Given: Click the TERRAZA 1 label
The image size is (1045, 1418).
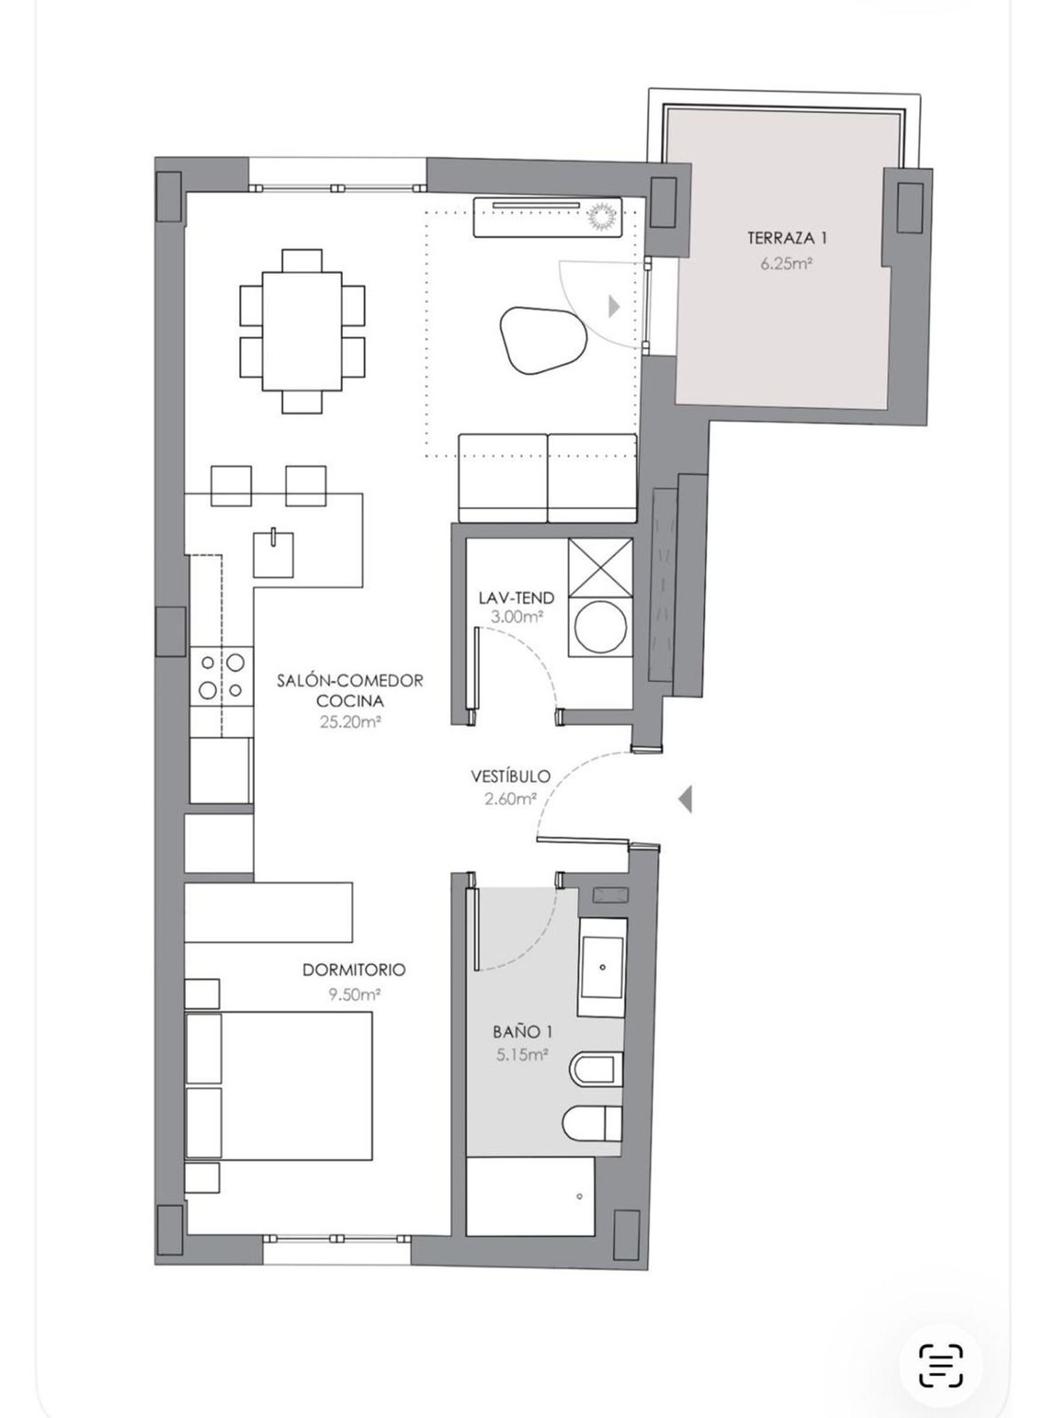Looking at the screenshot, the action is (x=787, y=238).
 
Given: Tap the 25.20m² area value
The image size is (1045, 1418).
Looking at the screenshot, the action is (x=350, y=722).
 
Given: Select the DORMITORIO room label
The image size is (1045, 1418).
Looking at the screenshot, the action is (x=354, y=969).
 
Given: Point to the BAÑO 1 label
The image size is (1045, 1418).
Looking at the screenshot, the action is (x=522, y=1031).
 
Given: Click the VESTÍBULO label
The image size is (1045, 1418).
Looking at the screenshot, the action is (x=511, y=776).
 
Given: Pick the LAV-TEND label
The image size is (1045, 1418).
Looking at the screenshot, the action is (x=516, y=598).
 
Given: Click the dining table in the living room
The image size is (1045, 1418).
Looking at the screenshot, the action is (x=302, y=332).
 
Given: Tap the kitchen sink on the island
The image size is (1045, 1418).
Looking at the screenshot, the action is (x=273, y=554).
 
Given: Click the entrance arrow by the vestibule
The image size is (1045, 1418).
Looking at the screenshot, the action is (x=686, y=798).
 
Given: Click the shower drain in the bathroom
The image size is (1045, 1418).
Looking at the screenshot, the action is (x=580, y=1197).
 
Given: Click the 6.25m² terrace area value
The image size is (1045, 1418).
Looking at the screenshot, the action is (x=787, y=264).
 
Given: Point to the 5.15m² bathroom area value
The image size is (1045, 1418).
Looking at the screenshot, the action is (x=522, y=1054).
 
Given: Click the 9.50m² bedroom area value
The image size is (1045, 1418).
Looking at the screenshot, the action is (x=354, y=995).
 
